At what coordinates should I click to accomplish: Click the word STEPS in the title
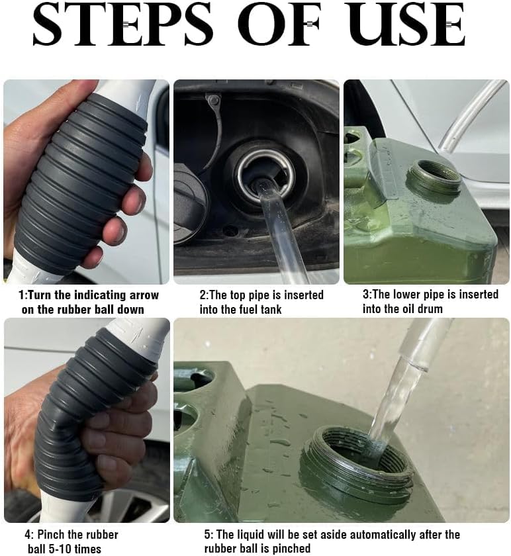pyautogui.click(x=123, y=24)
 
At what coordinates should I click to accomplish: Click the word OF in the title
pyautogui.click(x=279, y=24)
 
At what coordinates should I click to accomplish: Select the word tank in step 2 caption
pyautogui.click(x=271, y=309)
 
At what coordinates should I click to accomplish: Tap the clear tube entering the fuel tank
pyautogui.click(x=280, y=230)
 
